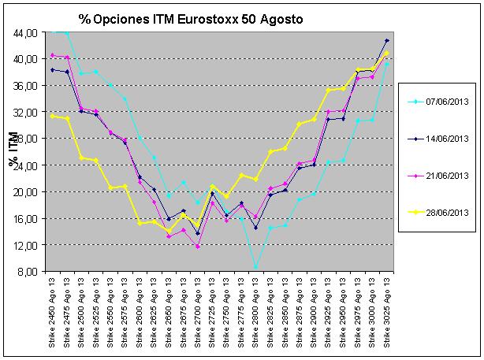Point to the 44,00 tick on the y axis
24,32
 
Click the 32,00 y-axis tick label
24,112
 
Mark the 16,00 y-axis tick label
24,218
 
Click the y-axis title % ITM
13,151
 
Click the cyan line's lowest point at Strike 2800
255,268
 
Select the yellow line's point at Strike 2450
53,116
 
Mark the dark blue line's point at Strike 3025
387,40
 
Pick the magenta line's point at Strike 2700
198,247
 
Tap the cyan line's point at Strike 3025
387,64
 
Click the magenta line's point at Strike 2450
53,55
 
